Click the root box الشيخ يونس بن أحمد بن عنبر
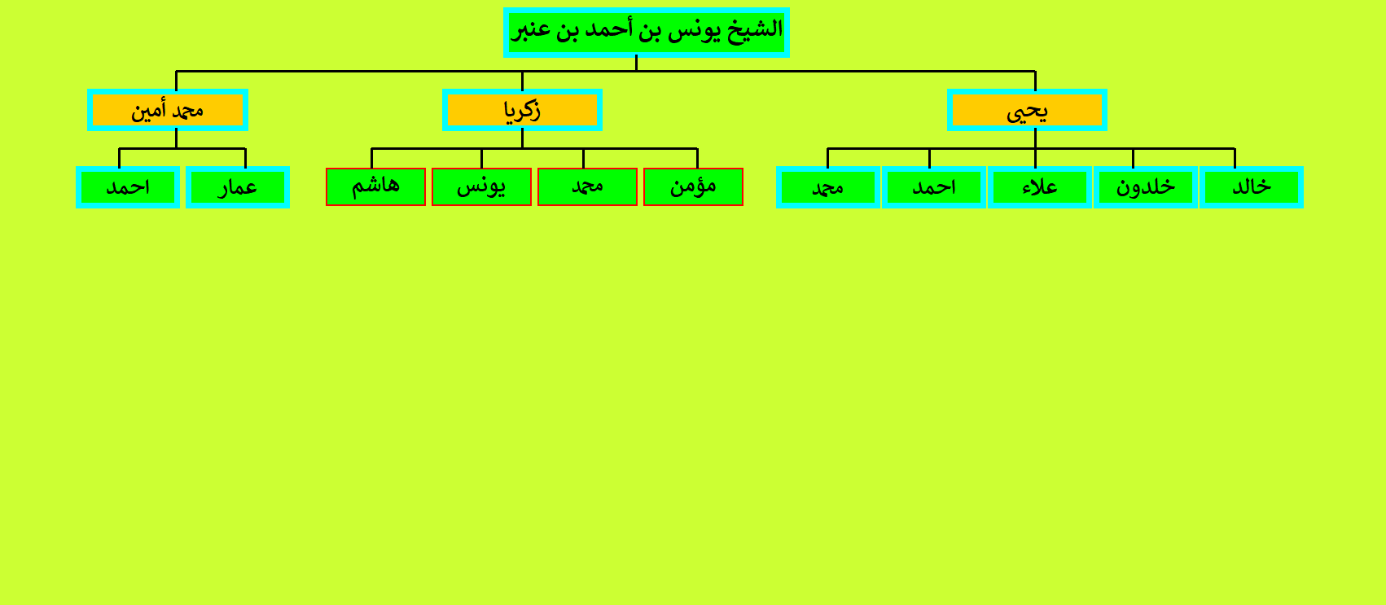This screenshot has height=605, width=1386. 646,33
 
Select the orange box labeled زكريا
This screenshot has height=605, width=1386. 522,110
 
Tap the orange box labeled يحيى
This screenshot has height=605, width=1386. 1027,110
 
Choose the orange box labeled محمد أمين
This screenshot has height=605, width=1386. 168,110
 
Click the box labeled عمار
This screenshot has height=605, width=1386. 238,186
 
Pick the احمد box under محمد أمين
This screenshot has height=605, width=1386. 128,186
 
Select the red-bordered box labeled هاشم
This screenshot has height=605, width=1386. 375,186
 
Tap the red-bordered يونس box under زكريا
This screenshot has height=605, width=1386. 481,186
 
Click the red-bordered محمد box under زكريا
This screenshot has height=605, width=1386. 587,186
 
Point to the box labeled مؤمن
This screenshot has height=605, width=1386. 693,186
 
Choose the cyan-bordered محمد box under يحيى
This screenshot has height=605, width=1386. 828,186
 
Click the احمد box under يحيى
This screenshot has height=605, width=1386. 934,186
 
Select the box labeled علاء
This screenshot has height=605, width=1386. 1039,186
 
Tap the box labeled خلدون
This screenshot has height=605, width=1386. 1145,186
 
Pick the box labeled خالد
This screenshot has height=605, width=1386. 1251,186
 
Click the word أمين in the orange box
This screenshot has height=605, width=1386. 149,111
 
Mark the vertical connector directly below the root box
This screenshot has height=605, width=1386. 636,63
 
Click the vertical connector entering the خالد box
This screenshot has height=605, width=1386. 1235,158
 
